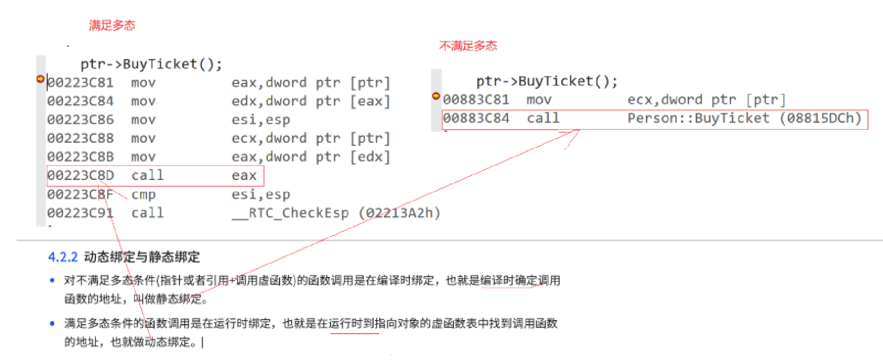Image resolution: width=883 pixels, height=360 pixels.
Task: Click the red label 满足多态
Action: [112, 25]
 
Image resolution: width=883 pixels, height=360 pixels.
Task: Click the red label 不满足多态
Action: [468, 46]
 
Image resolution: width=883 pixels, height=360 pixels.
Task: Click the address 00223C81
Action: [80, 83]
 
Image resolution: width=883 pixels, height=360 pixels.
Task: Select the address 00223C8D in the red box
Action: [80, 175]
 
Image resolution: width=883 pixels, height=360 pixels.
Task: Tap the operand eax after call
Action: [244, 176]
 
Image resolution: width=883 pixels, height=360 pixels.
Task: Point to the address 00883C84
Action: [476, 119]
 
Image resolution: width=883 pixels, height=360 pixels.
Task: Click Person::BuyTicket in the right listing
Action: [698, 119]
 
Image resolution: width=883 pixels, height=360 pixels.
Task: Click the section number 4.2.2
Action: [62, 257]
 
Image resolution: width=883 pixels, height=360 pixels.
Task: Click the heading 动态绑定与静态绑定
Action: [142, 257]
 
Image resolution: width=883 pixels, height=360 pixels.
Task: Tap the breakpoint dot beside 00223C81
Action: [40, 79]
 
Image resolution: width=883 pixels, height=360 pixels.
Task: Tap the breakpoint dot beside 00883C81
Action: [436, 96]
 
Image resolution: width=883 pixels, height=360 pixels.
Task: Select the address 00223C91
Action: [80, 213]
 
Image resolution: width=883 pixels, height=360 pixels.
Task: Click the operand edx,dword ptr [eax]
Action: [310, 102]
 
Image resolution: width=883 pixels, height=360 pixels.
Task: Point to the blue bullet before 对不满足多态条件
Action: [52, 281]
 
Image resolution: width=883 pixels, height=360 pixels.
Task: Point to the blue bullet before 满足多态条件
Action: [52, 324]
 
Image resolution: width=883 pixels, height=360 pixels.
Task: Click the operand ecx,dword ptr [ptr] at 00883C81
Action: [706, 100]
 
